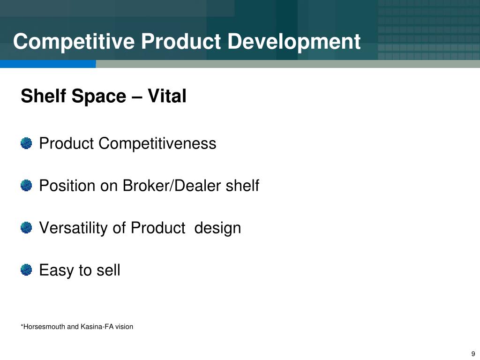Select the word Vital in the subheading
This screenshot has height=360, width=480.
click(x=167, y=97)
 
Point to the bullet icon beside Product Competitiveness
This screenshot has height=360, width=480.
click(x=26, y=143)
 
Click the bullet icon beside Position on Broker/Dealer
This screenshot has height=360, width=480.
click(x=26, y=186)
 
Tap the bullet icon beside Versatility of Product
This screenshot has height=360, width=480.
click(x=26, y=228)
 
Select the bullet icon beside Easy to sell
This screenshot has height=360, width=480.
click(x=26, y=270)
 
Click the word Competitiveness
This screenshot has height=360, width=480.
click(x=157, y=143)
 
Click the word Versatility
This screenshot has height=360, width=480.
click(x=74, y=228)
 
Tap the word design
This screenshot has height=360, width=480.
click(x=217, y=228)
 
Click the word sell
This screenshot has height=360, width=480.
click(x=108, y=270)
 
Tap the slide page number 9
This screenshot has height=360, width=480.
click(x=473, y=354)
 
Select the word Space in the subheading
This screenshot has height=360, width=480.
click(x=98, y=97)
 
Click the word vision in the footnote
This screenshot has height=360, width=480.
click(x=124, y=327)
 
